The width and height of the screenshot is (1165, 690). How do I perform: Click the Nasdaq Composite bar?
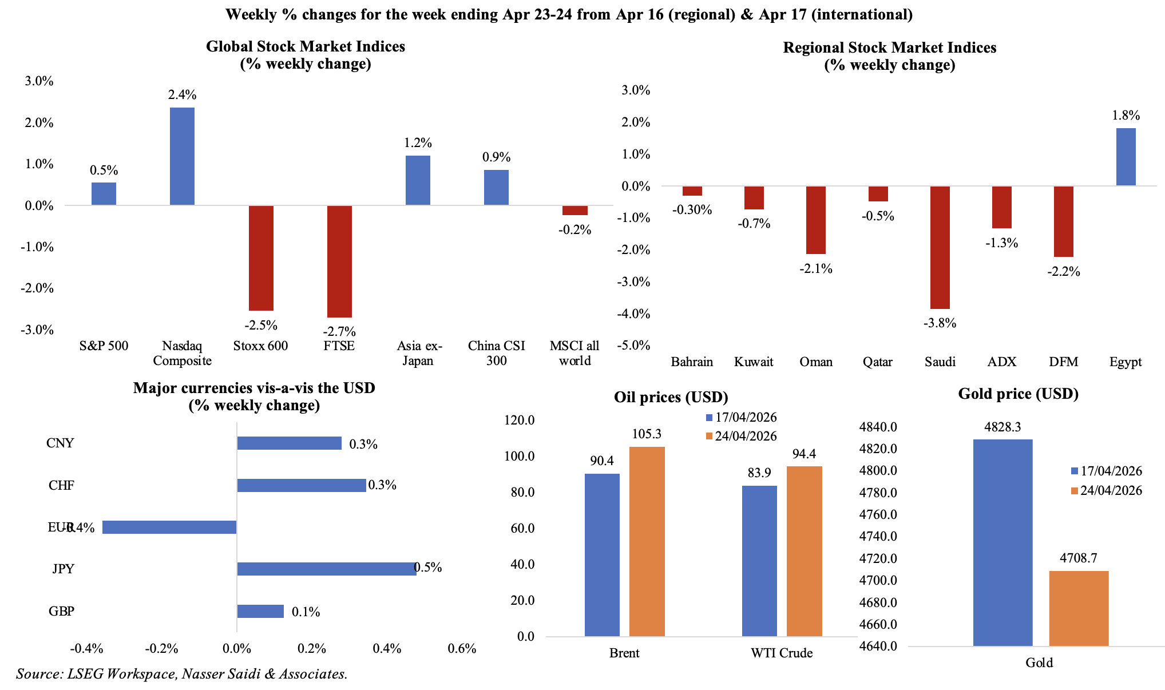point(182,156)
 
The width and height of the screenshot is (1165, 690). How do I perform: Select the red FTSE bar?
point(339,261)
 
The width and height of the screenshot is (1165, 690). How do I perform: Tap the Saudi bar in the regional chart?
point(940,247)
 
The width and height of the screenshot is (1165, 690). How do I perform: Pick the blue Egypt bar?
point(1126,157)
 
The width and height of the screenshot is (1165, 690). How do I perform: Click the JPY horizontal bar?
point(326,569)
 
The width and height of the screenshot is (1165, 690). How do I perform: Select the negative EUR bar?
point(169,527)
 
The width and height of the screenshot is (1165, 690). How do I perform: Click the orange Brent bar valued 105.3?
point(647,541)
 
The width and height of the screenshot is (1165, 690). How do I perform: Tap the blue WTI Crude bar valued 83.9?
point(759,561)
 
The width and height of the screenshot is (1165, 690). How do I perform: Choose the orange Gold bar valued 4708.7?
point(1079,608)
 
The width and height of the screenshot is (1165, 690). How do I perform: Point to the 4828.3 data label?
point(1002,427)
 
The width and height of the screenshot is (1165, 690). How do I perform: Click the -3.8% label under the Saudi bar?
point(940,323)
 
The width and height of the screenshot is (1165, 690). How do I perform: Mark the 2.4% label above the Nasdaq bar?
point(182,94)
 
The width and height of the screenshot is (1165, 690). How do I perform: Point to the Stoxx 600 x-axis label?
point(260,346)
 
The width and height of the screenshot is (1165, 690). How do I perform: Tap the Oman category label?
point(816,362)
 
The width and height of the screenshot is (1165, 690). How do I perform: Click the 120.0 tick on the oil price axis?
point(519,421)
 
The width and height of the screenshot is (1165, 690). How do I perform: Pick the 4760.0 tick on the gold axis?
point(878,514)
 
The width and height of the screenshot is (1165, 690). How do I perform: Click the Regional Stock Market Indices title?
point(889,47)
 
